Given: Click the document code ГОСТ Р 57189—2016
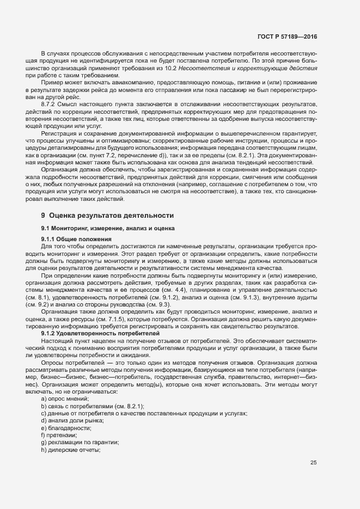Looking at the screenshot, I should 286,37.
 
